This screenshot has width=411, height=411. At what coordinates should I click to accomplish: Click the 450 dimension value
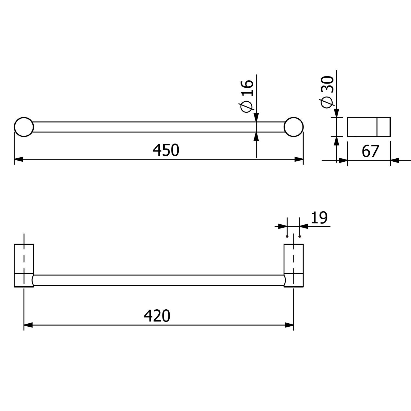[166, 150]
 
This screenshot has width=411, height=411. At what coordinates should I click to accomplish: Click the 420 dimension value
[157, 316]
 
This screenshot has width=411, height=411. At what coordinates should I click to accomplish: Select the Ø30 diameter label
[327, 92]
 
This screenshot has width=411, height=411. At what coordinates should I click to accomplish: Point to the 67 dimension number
[370, 151]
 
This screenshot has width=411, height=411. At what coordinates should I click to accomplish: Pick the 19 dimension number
[319, 218]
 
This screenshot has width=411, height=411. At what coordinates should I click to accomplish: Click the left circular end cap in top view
[24, 127]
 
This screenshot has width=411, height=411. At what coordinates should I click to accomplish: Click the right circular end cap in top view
[293, 127]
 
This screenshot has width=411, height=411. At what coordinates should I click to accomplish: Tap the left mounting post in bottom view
[24, 265]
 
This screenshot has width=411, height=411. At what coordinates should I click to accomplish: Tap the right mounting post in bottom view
[293, 265]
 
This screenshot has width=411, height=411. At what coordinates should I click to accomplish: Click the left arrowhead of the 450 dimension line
[18, 159]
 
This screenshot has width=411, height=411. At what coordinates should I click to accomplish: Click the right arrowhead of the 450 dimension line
[299, 159]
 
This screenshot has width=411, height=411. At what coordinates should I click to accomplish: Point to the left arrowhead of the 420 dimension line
[28, 325]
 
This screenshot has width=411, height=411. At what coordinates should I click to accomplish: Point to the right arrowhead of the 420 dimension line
[289, 325]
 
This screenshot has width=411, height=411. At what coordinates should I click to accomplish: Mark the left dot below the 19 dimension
[287, 236]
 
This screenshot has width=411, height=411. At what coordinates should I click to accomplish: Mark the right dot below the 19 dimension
[300, 236]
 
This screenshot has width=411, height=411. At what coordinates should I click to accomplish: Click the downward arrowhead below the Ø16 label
[256, 118]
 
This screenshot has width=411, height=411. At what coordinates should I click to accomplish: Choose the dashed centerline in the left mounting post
[24, 259]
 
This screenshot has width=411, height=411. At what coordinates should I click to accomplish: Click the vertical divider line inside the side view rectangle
[377, 127]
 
